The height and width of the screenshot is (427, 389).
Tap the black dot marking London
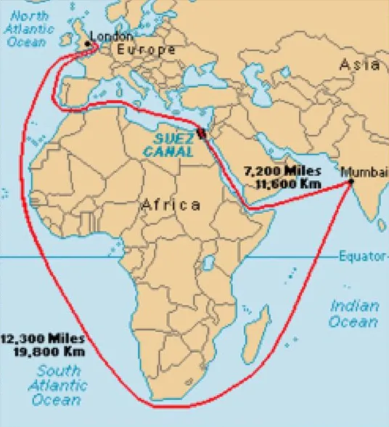(x=89, y=44)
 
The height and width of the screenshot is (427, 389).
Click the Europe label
(x=145, y=50)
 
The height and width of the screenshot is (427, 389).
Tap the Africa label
(x=171, y=205)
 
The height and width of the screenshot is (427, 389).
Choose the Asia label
(x=359, y=65)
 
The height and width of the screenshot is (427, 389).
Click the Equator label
(x=362, y=256)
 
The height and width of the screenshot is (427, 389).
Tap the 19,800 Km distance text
(x=48, y=351)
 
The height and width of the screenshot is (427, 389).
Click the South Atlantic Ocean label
(x=55, y=385)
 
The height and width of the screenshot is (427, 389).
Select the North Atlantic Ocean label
(x=29, y=28)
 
